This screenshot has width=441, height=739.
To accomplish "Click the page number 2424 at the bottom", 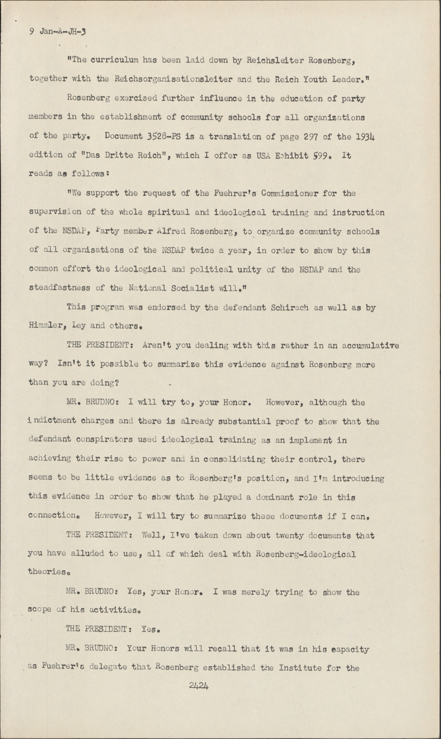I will (x=199, y=685).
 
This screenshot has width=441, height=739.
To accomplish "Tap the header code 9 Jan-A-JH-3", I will (x=57, y=33).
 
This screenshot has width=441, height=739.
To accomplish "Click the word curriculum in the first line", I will (x=112, y=61).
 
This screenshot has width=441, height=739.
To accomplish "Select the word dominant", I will (x=274, y=497).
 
